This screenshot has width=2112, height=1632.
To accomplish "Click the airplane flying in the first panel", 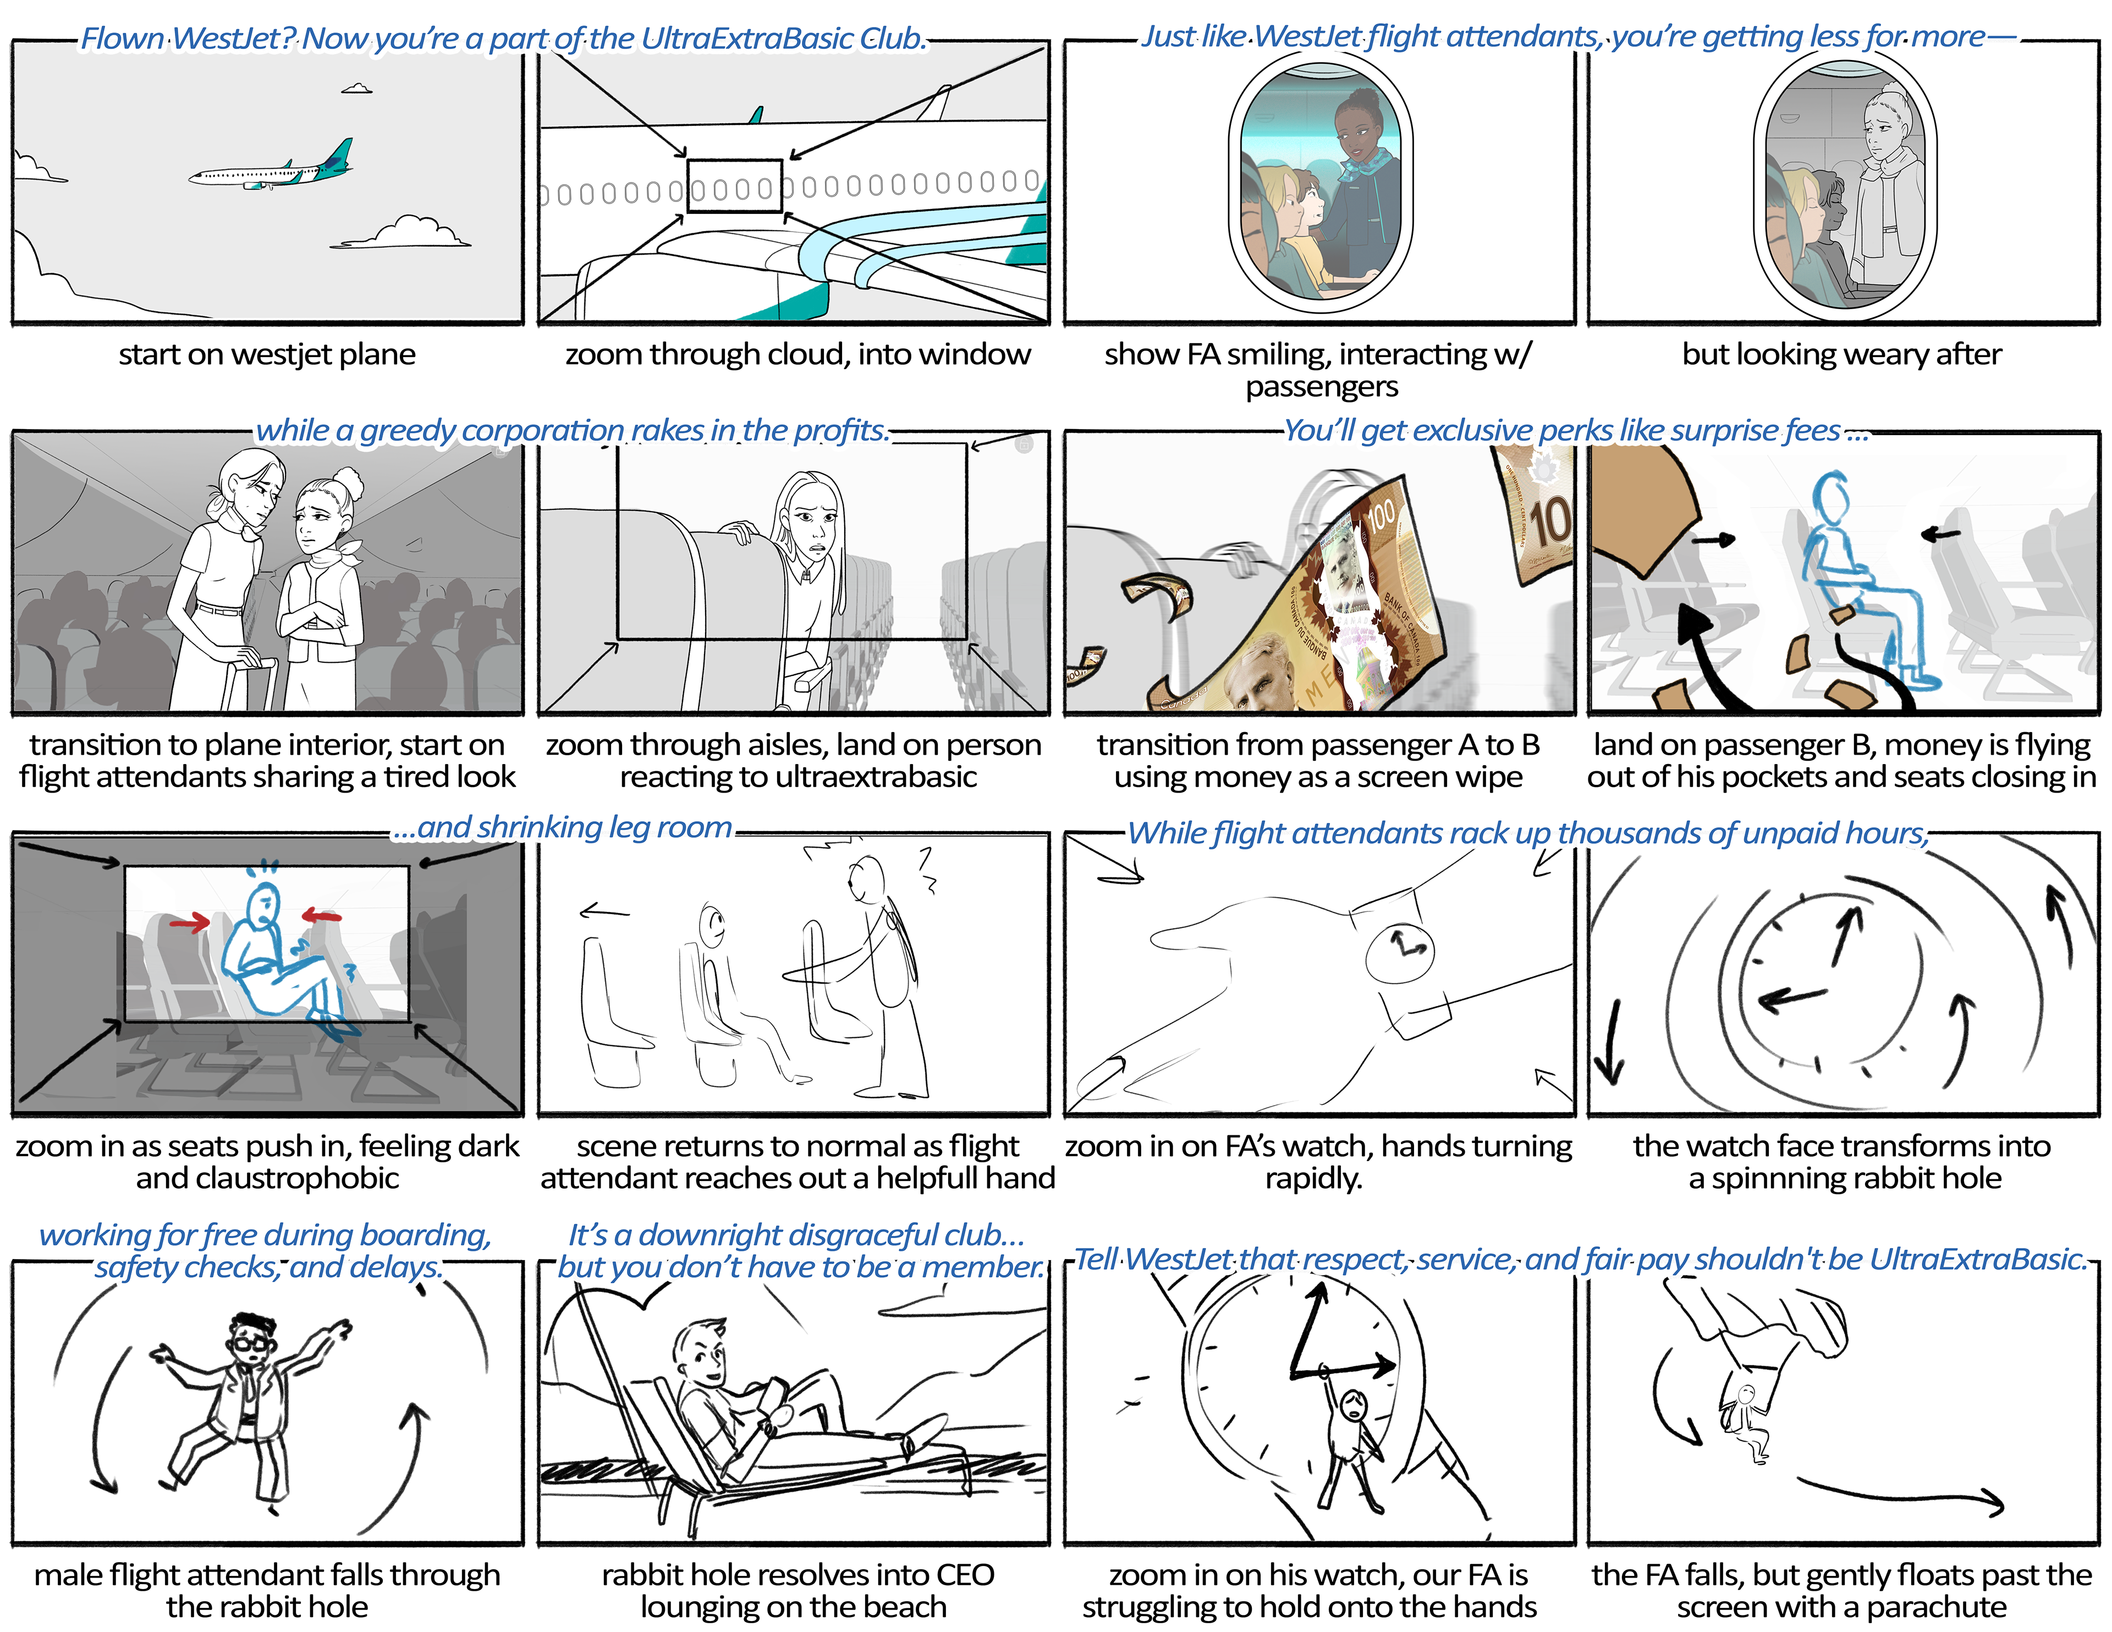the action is tap(271, 167).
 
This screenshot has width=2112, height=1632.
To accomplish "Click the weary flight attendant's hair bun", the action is tap(1890, 92).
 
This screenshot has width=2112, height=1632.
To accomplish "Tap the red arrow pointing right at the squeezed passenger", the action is tap(190, 924).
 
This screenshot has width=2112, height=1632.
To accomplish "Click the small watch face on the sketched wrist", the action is tap(1399, 946).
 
